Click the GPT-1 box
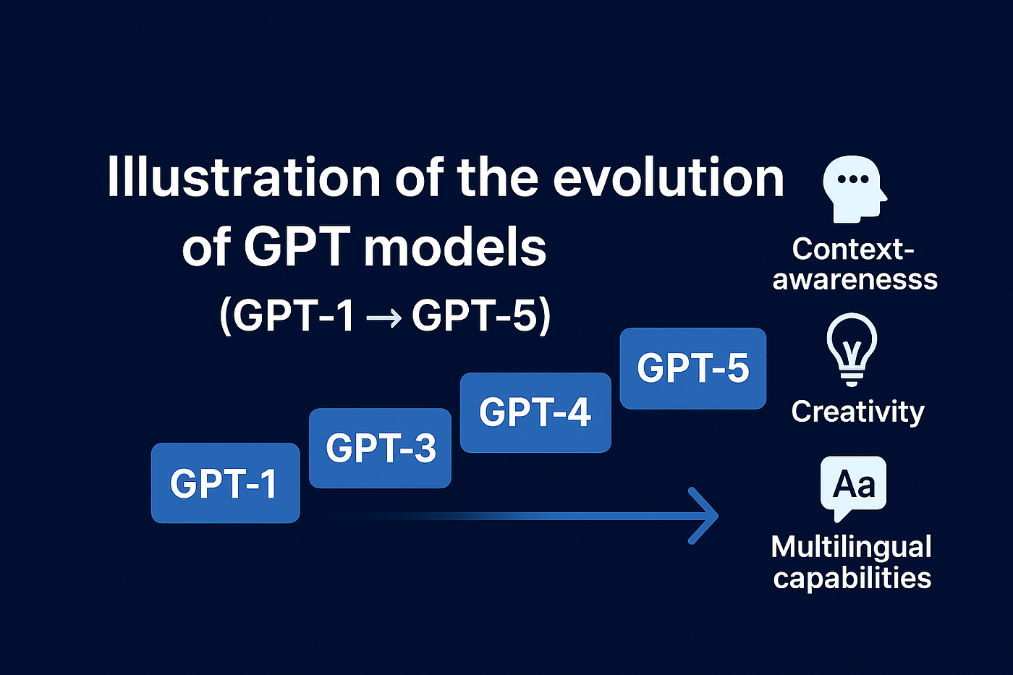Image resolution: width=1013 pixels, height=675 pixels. tap(225, 483)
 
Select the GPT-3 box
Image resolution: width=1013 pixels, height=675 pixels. tap(380, 448)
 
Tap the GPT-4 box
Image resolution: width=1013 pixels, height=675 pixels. tap(535, 412)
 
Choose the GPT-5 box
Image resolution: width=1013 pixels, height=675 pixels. tap(692, 368)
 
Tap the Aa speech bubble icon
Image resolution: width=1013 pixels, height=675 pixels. tap(853, 487)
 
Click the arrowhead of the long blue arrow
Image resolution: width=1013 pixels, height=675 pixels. tap(705, 516)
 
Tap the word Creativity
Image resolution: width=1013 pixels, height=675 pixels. tap(857, 412)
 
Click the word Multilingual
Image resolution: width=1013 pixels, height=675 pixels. tap(851, 546)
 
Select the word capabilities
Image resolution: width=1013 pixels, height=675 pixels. tap(852, 578)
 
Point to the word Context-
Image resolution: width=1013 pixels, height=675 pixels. tap(853, 249)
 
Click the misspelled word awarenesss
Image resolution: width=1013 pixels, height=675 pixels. tap(855, 279)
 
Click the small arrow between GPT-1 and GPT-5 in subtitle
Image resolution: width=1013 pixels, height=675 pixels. tap(383, 318)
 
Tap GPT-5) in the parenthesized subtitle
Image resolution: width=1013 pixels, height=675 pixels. tap(481, 315)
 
